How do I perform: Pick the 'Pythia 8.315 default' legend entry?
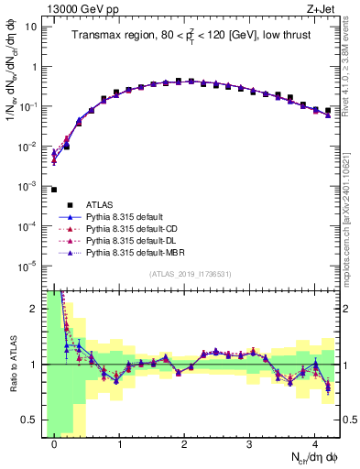[x=128, y=216]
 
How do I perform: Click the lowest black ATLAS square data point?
[x=54, y=190]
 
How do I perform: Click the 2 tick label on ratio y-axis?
[x=33, y=309]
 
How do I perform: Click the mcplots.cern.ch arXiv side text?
[x=352, y=206]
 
